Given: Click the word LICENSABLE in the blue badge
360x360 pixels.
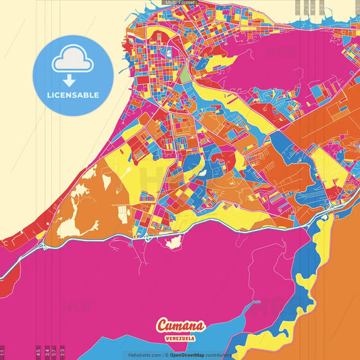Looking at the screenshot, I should pos(73,95).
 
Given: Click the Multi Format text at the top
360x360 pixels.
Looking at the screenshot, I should pos(180,3).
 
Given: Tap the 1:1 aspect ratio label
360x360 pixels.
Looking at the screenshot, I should pos(3,352).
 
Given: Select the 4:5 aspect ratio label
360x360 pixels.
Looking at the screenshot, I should pos(38,352).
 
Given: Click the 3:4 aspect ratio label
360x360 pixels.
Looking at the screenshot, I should pos(47,352).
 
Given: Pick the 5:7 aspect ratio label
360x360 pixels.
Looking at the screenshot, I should pos(54,352).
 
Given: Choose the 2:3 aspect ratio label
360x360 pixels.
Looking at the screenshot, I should pos(62,352).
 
